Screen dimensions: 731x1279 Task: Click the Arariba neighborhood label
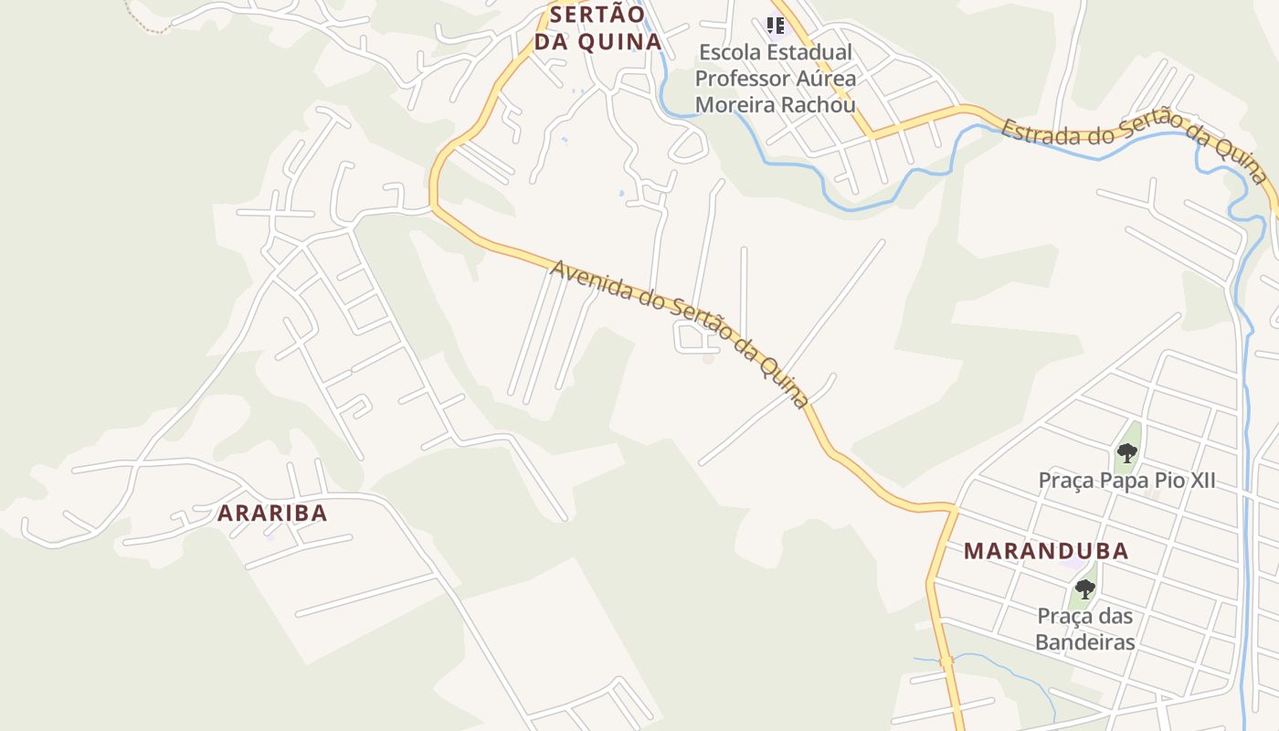272,513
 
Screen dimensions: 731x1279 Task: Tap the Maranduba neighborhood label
1046,551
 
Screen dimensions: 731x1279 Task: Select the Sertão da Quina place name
597,28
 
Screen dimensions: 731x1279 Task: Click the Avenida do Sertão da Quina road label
681,334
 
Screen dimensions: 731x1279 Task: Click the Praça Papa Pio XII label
1126,481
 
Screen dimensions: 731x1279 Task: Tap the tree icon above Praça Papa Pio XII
1126,452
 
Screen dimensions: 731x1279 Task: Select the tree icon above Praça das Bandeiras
1084,589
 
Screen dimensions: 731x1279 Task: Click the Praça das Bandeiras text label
1084,629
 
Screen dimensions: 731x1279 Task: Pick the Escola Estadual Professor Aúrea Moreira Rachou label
775,79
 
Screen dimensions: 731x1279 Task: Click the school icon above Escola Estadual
776,26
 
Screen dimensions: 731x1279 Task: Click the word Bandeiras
1084,642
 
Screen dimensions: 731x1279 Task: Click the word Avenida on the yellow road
592,282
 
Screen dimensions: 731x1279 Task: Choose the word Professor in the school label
740,79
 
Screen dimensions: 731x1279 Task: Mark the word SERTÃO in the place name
597,15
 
